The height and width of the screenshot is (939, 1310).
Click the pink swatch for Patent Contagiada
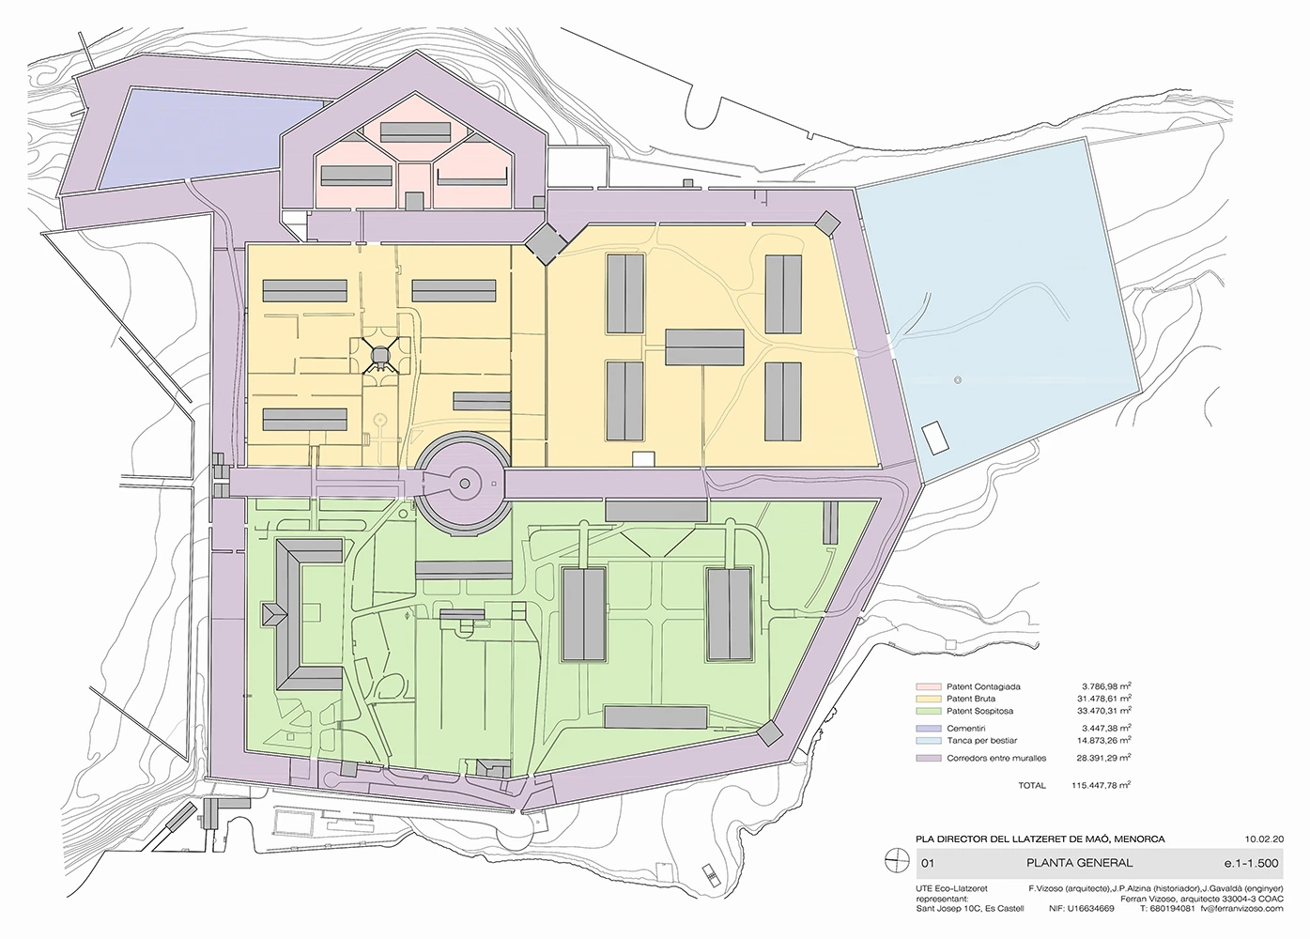[928, 686]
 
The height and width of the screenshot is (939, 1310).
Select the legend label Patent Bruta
[971, 699]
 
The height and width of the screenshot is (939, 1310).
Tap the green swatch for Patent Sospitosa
[928, 711]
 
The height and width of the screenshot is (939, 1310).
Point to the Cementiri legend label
[966, 729]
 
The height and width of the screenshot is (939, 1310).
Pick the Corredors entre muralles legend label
[996, 759]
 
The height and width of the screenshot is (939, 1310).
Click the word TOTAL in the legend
[1032, 786]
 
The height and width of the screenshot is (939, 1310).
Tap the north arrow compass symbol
[897, 863]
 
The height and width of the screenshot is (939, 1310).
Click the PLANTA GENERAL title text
[1080, 863]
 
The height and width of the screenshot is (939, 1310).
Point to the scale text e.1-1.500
[1252, 864]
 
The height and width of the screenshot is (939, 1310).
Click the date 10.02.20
[1264, 839]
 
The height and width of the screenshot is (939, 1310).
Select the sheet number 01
[928, 864]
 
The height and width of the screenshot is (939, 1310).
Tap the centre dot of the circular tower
[464, 484]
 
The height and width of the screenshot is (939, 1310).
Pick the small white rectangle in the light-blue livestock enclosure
[934, 438]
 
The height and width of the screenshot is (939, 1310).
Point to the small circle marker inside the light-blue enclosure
[957, 380]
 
